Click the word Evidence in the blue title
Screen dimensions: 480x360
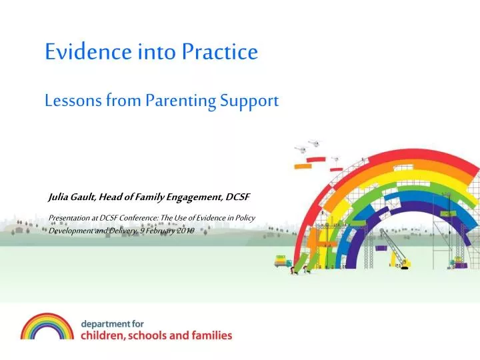pyautogui.click(x=88, y=51)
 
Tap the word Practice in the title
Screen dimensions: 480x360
pyautogui.click(x=220, y=51)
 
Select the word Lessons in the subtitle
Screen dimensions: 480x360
pyautogui.click(x=73, y=101)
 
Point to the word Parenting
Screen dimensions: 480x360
pyautogui.click(x=181, y=101)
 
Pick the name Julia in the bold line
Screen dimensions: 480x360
pyautogui.click(x=58, y=197)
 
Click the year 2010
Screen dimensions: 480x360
pyautogui.click(x=185, y=231)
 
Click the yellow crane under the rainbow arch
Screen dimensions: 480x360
pyautogui.click(x=395, y=249)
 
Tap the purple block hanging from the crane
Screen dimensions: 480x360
pyautogui.click(x=380, y=248)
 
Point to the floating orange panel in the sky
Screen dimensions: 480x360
pyautogui.click(x=303, y=166)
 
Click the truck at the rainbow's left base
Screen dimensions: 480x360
pyautogui.click(x=283, y=261)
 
